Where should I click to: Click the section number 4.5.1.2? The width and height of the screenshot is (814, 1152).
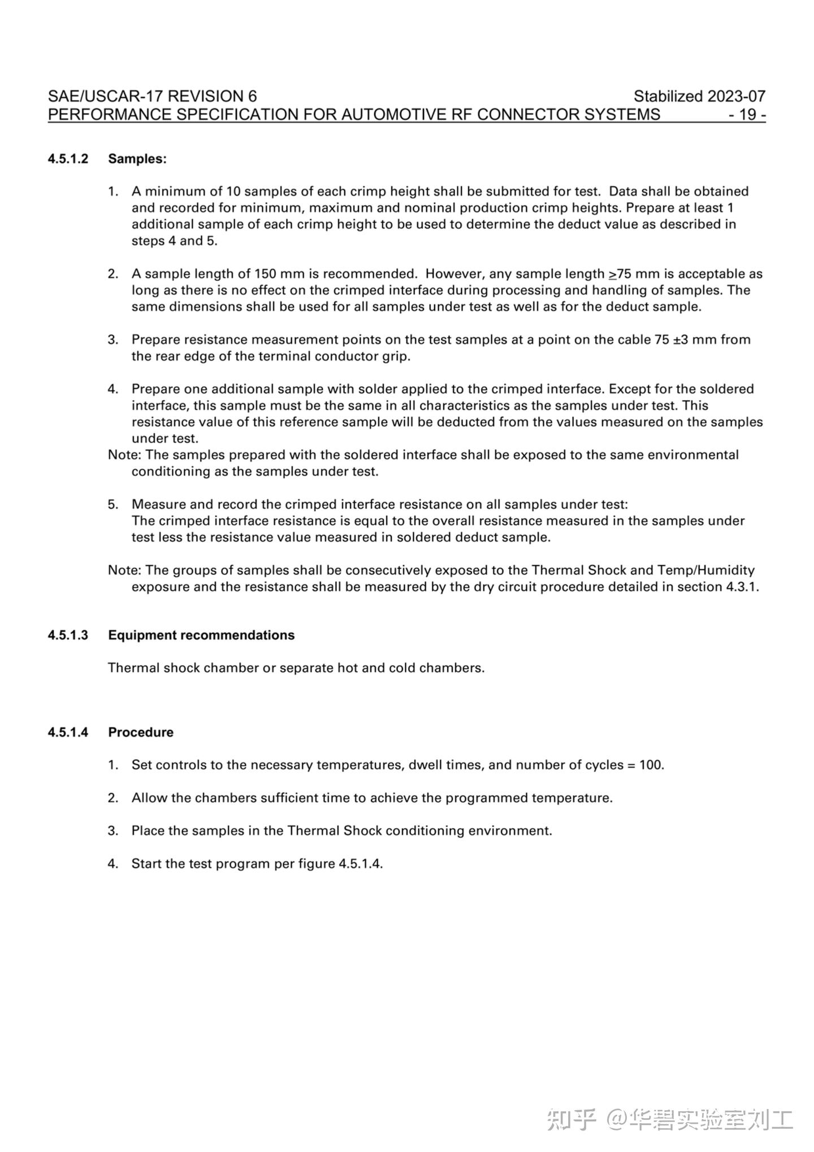click(x=68, y=159)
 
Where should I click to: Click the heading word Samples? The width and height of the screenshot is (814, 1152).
click(x=137, y=159)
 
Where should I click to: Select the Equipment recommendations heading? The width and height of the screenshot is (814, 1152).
click(x=201, y=635)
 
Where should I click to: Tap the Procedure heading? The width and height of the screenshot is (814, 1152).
click(x=141, y=733)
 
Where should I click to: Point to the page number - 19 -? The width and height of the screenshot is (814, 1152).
click(x=747, y=115)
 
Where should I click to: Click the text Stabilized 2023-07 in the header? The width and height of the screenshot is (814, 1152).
click(x=699, y=97)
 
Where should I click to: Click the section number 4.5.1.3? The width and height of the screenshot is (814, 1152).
click(x=68, y=635)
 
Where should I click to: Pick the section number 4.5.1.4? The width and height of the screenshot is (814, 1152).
click(x=68, y=733)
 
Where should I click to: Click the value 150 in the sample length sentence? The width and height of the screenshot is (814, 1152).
click(x=265, y=274)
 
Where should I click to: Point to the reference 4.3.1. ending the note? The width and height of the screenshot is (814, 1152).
click(x=742, y=587)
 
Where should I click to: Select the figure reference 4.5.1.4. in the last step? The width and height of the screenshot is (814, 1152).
click(x=361, y=864)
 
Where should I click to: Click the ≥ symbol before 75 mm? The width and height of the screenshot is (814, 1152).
click(x=613, y=275)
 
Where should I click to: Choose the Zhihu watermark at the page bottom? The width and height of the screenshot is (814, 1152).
click(x=670, y=1119)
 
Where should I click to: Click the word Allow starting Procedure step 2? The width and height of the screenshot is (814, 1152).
click(x=149, y=798)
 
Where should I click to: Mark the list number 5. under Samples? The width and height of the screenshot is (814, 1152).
click(x=113, y=505)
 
